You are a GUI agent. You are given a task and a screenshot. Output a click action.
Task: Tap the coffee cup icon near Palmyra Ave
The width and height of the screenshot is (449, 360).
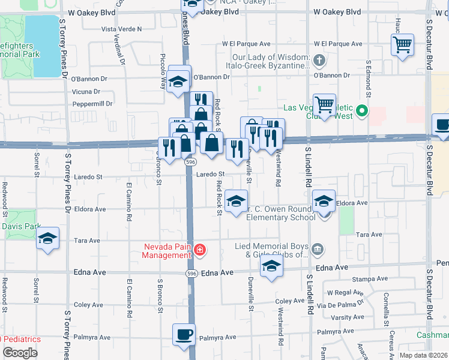[184, 334]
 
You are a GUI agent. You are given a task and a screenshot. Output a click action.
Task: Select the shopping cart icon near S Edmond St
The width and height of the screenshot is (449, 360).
[402, 44]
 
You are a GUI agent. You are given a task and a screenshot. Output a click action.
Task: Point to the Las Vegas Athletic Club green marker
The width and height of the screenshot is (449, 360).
[361, 111]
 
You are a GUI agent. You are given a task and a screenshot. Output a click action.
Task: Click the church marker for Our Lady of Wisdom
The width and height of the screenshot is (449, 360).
[319, 61]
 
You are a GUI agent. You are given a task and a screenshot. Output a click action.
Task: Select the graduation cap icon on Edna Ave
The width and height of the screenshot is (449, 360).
[271, 268]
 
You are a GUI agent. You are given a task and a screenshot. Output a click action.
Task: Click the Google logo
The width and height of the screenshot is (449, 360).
[20, 353]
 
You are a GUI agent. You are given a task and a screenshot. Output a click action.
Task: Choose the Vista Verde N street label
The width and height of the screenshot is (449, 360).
[121, 29]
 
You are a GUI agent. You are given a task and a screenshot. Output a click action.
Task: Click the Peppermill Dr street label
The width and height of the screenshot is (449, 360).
[92, 104]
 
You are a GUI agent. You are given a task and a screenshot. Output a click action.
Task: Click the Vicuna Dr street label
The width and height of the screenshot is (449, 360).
[85, 91]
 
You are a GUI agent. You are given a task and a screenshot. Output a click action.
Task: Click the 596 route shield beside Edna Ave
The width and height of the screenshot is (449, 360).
[190, 272]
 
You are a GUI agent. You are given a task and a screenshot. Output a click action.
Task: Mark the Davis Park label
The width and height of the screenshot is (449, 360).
[20, 227]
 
